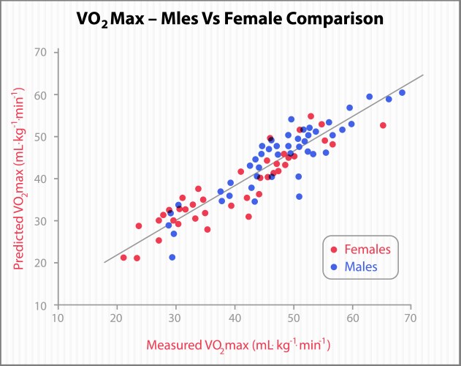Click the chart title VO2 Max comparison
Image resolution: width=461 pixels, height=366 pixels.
click(231, 19)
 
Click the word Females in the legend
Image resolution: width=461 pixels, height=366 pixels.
click(368, 250)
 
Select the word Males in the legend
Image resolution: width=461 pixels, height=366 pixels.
click(362, 266)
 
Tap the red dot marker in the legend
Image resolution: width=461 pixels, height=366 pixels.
click(334, 250)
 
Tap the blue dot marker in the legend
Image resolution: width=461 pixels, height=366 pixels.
click(334, 266)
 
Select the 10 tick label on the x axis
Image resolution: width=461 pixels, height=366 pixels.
click(57, 319)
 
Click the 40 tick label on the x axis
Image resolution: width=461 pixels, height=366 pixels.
click(235, 319)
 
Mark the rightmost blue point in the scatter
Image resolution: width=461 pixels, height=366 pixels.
click(402, 93)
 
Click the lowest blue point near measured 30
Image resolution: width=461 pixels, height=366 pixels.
click(172, 257)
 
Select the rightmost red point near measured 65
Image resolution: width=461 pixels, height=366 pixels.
click(383, 125)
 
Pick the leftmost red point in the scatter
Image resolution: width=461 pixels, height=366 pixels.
click(123, 257)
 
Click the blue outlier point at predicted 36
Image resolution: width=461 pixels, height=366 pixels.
click(299, 196)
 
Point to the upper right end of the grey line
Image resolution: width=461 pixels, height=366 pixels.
click(423, 75)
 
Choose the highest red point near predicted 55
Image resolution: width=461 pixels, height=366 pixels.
click(310, 116)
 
